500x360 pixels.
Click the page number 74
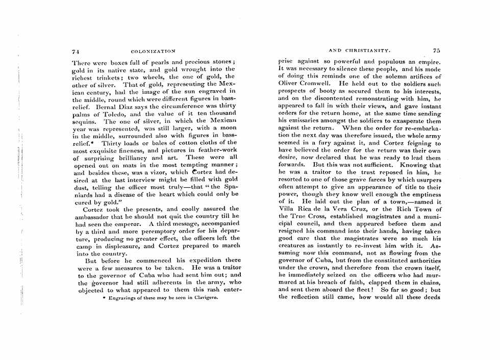74,52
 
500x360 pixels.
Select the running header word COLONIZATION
153,52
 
